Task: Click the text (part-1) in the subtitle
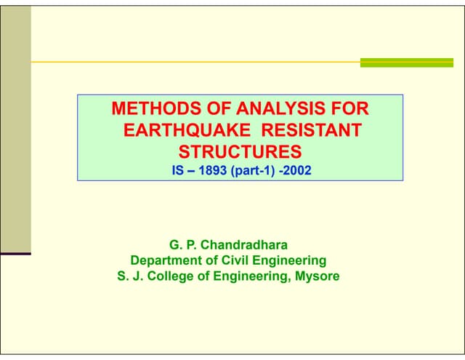tap(252, 171)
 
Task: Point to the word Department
tap(166, 260)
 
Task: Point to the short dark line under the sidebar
tap(15, 253)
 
